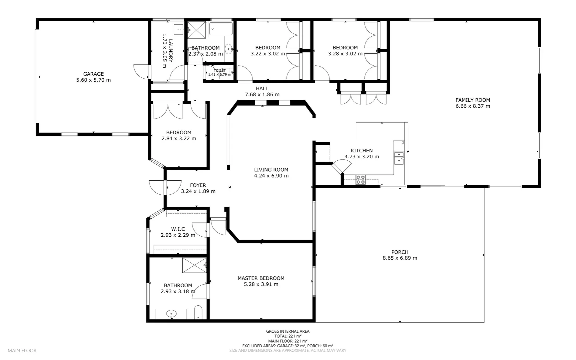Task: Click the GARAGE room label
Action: [93, 74]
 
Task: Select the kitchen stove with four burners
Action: [360, 180]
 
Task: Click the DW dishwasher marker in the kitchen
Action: [403, 143]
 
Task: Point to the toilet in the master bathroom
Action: [198, 312]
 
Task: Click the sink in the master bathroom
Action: [171, 314]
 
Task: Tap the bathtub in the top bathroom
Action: [221, 29]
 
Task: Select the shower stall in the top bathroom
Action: [197, 31]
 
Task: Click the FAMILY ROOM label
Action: [473, 100]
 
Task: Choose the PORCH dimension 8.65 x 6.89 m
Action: [400, 258]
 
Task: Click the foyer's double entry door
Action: [165, 188]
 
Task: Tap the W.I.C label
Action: [178, 229]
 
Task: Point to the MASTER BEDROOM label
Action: [261, 278]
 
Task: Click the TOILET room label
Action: [220, 71]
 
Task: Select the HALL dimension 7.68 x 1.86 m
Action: [262, 95]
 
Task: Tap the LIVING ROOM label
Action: [271, 170]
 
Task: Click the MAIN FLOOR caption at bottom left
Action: [22, 350]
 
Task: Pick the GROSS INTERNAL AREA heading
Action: [288, 331]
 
